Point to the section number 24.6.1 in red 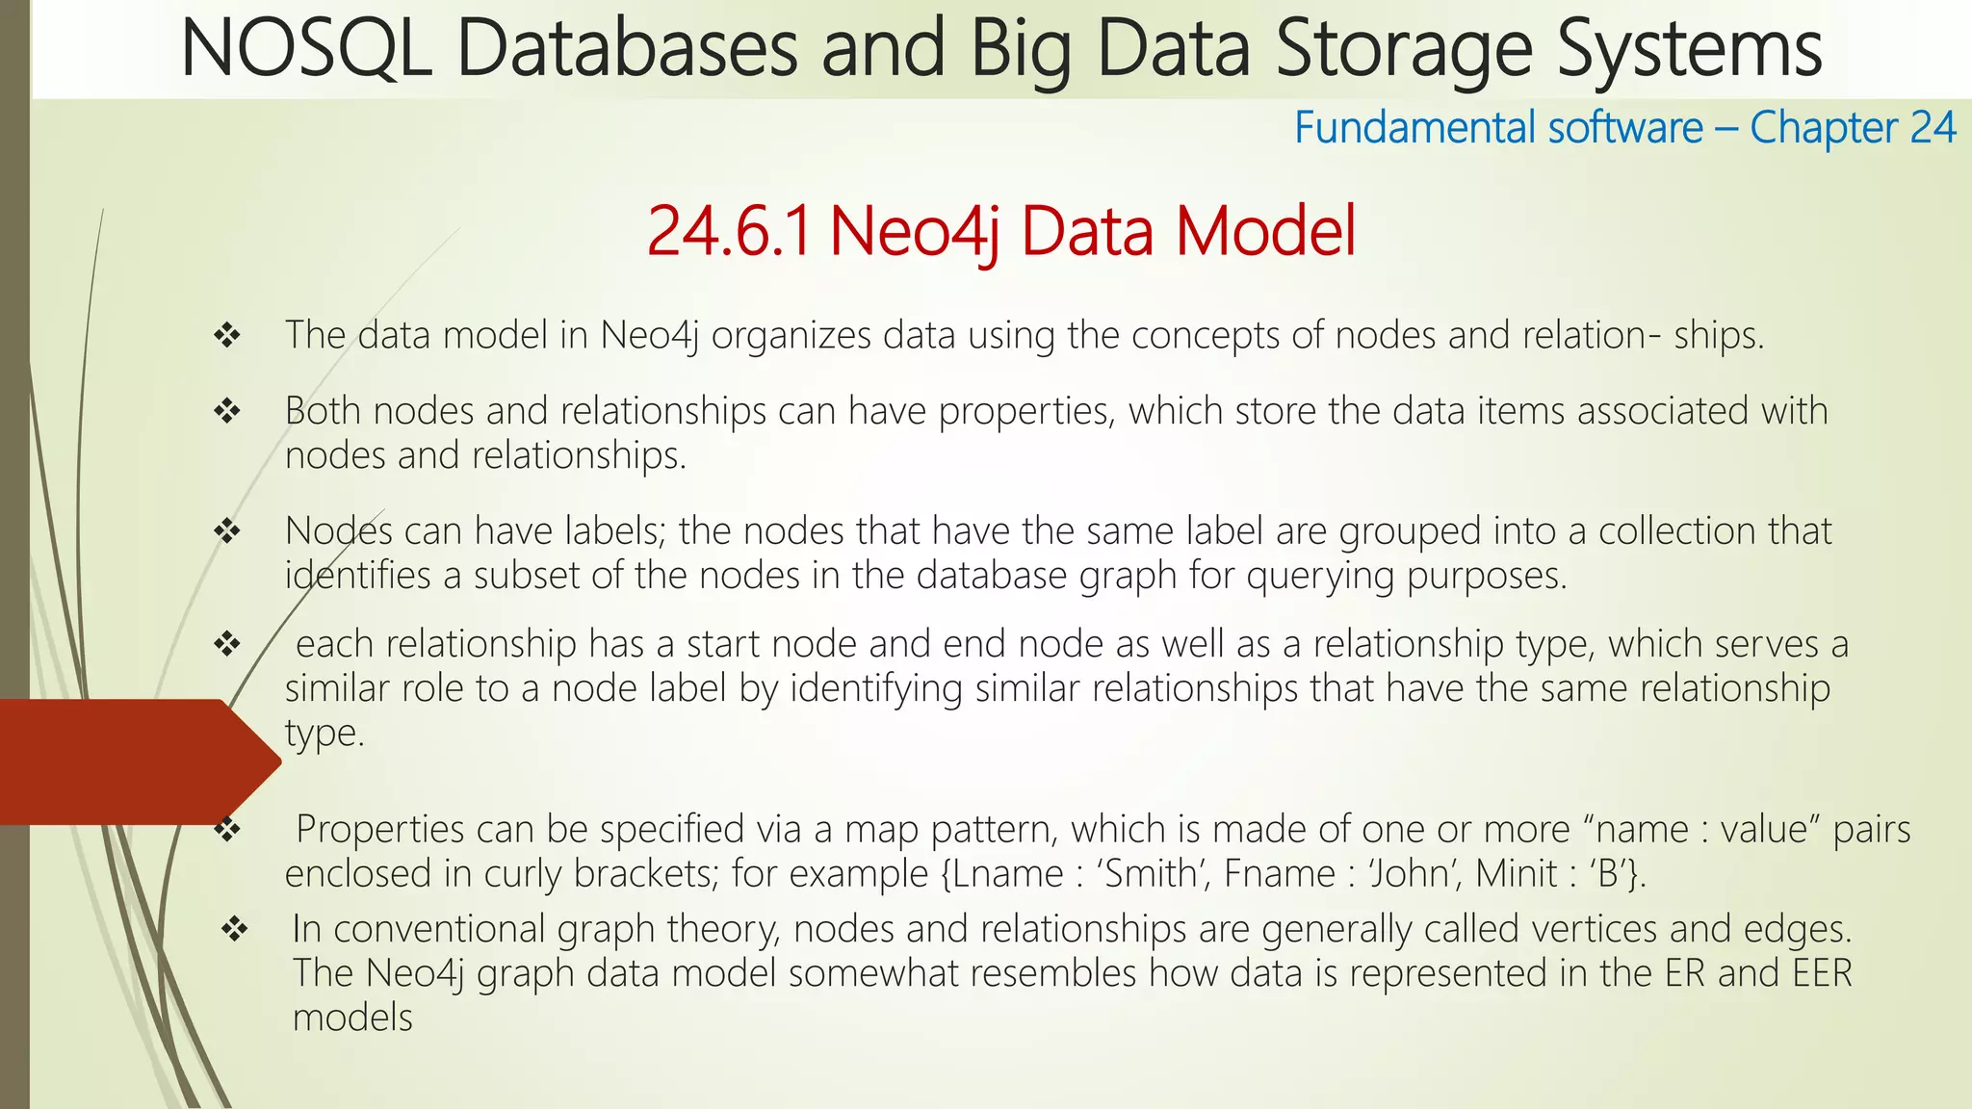tap(729, 232)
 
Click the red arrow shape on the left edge tap(135, 761)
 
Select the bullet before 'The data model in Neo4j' tap(227, 335)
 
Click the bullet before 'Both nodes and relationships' tap(227, 411)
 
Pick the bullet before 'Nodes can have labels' tap(227, 530)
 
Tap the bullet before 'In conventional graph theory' tap(235, 929)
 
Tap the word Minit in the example tap(1516, 874)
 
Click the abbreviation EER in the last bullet tap(1822, 973)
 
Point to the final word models tap(352, 1018)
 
